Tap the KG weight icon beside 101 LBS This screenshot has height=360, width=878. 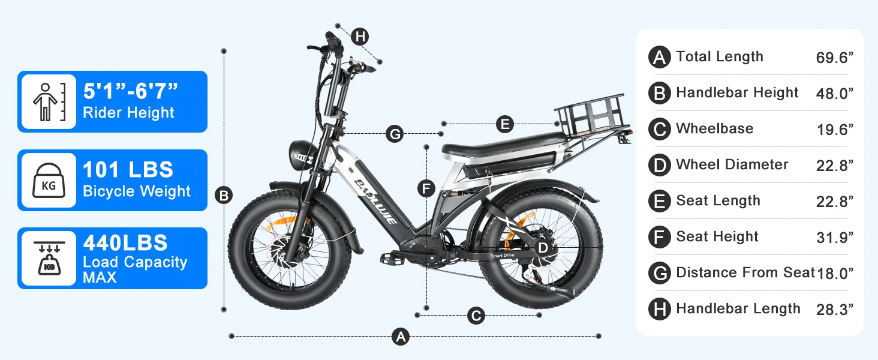click(x=49, y=180)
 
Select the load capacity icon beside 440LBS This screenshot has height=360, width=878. click(x=49, y=257)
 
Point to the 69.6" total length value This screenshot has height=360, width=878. click(x=834, y=58)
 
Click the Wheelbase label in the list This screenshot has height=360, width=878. click(x=714, y=128)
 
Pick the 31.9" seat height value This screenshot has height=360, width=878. click(x=834, y=238)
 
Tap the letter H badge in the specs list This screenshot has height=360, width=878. click(x=659, y=309)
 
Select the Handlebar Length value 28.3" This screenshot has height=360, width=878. click(x=834, y=310)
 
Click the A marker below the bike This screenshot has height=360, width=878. click(x=400, y=337)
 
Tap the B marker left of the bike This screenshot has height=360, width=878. click(x=224, y=195)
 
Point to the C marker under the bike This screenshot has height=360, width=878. click(x=476, y=316)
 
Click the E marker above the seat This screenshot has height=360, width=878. click(x=505, y=125)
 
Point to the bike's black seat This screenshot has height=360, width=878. click(x=504, y=145)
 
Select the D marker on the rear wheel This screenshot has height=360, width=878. click(x=542, y=247)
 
